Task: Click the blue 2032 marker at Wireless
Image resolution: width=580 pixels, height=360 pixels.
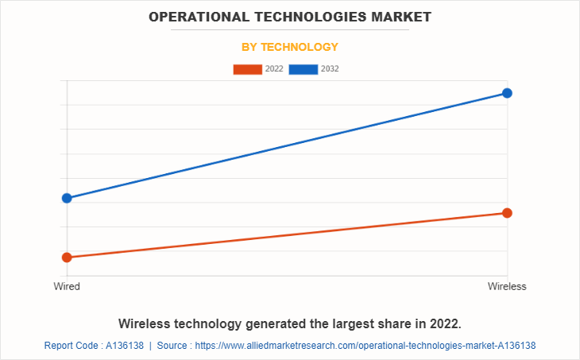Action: coord(507,93)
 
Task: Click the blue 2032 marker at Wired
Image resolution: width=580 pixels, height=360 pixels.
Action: coord(67,198)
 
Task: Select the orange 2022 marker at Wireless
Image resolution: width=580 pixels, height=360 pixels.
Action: coord(507,213)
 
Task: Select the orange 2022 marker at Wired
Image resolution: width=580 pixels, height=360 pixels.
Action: coord(67,257)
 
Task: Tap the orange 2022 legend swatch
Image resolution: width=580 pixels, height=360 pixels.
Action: coord(248,69)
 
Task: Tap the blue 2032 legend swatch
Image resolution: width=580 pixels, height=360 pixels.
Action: coord(304,69)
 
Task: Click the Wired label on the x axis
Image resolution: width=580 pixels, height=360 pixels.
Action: coord(67,287)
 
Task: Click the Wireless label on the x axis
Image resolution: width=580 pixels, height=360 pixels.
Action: coord(507,287)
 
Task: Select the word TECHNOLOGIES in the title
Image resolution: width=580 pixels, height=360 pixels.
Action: coord(301,16)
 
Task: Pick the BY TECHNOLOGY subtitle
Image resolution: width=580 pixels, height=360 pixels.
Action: coord(290,47)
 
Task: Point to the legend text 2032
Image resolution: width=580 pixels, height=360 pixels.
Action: coord(330,69)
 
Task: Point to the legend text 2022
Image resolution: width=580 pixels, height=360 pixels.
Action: coord(274,69)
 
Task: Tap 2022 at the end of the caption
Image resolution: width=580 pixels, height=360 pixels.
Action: coord(445,324)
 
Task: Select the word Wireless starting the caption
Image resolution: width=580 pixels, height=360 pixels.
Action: coord(147,324)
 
